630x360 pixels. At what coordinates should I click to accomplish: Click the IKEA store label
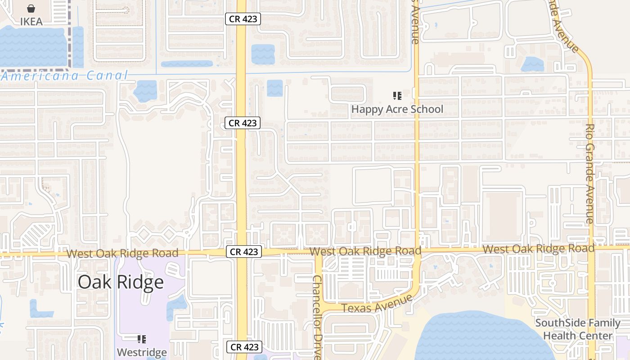pyautogui.click(x=31, y=21)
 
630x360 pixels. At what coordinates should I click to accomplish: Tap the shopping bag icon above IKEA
pyautogui.click(x=31, y=9)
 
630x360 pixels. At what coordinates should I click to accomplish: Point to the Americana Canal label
pyautogui.click(x=65, y=76)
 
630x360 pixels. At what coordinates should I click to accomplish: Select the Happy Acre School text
pyautogui.click(x=397, y=109)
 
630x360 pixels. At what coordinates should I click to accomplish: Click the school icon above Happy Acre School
pyautogui.click(x=397, y=95)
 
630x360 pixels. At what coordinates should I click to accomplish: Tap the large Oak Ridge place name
pyautogui.click(x=121, y=282)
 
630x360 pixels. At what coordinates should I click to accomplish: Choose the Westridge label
pyautogui.click(x=142, y=351)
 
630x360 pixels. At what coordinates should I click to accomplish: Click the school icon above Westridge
pyautogui.click(x=142, y=339)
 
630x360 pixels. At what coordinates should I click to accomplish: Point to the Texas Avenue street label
pyautogui.click(x=377, y=303)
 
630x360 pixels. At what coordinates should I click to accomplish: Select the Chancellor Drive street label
pyautogui.click(x=317, y=317)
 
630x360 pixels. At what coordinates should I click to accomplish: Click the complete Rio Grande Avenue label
pyautogui.click(x=590, y=174)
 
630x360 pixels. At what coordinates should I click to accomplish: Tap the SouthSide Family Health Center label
pyautogui.click(x=578, y=329)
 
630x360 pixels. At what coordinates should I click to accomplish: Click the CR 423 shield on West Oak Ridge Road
pyautogui.click(x=244, y=252)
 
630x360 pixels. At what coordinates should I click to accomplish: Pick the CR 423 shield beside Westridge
pyautogui.click(x=244, y=347)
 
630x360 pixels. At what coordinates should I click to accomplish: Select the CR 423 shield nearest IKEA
pyautogui.click(x=243, y=18)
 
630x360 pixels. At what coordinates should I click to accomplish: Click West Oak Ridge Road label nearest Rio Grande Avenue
pyautogui.click(x=538, y=248)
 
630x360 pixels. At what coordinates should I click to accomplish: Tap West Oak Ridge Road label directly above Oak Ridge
pyautogui.click(x=122, y=253)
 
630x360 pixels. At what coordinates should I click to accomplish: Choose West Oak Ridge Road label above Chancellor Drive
pyautogui.click(x=365, y=251)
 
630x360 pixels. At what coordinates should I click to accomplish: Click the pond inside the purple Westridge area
pyautogui.click(x=176, y=307)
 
